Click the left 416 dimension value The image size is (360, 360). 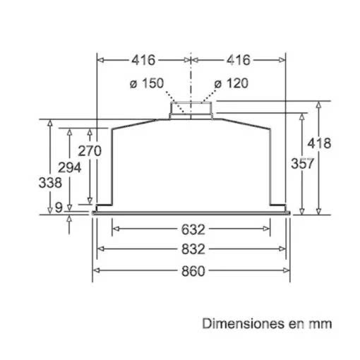(x=143, y=60)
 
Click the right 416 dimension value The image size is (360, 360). (x=239, y=60)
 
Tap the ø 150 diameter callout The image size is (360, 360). (x=147, y=83)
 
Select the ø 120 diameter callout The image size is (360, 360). (x=232, y=83)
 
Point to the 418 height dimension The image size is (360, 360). (x=319, y=143)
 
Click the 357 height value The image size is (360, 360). (x=303, y=163)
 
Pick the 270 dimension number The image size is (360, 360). (x=90, y=151)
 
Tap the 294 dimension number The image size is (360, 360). (x=70, y=168)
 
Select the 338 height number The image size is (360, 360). (x=50, y=183)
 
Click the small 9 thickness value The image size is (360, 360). (x=59, y=208)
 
